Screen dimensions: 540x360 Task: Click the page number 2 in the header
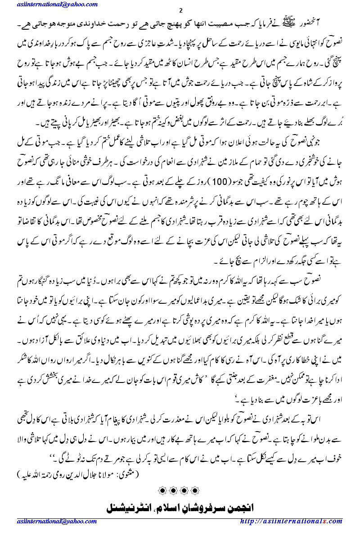(x=180, y=10)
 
